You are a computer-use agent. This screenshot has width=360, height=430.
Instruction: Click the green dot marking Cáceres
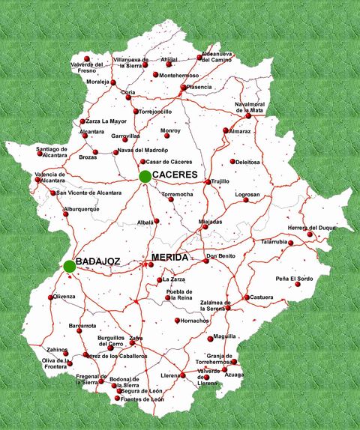click(144, 176)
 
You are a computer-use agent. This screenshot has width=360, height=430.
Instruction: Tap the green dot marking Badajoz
click(69, 265)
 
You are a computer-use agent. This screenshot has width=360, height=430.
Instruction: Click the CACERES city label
click(175, 175)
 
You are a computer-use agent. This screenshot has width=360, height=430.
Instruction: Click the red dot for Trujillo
click(208, 181)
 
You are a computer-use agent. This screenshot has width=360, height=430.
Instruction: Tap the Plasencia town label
click(199, 87)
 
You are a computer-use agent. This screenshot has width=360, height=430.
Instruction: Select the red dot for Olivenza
click(52, 297)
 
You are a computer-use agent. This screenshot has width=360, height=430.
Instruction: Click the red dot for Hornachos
click(178, 321)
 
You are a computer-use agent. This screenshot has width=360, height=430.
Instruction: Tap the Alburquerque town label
click(81, 209)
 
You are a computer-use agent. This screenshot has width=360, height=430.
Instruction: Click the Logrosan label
click(247, 195)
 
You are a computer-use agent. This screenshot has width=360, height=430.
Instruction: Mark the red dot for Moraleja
click(113, 82)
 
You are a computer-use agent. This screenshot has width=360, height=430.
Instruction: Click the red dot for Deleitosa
click(233, 161)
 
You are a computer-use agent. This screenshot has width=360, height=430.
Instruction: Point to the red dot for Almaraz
click(226, 130)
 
